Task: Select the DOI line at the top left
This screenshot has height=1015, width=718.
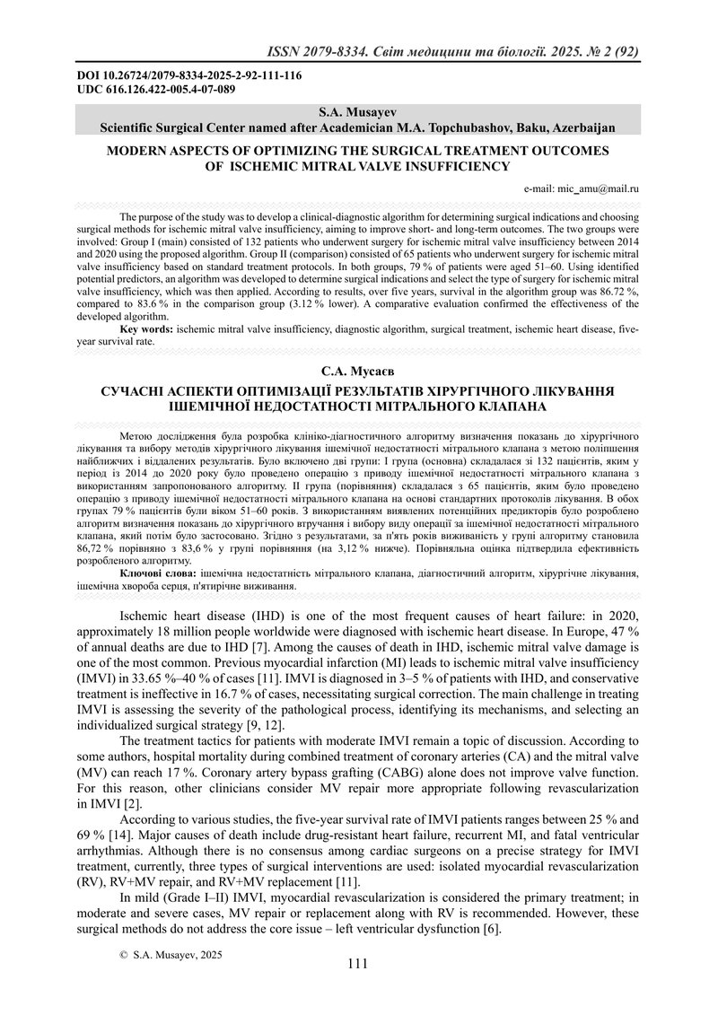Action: pyautogui.click(x=188, y=75)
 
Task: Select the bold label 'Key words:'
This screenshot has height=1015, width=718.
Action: pyautogui.click(x=147, y=329)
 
